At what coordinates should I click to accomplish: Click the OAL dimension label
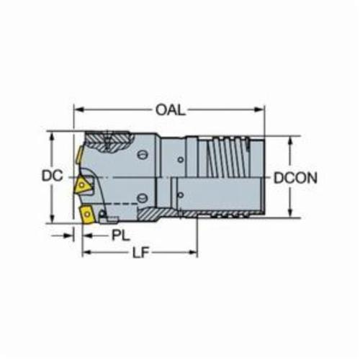click(171, 110)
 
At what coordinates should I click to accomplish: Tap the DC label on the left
click(52, 176)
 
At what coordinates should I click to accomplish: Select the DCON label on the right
click(295, 178)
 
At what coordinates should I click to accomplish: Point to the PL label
click(121, 235)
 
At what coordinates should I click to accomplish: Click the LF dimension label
click(141, 253)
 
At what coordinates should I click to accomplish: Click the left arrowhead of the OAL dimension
click(79, 110)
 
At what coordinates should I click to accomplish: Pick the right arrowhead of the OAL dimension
click(259, 109)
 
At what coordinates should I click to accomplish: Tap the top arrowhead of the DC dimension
click(52, 138)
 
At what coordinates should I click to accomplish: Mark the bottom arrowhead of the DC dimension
click(52, 218)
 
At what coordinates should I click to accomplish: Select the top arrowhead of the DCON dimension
click(290, 142)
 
